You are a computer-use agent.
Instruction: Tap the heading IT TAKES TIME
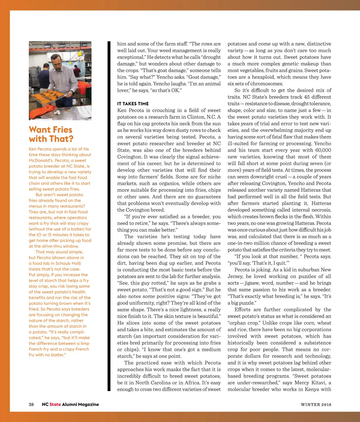pos(133,104)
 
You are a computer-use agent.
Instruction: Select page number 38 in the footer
pos(31,404)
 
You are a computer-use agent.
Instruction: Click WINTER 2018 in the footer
pos(316,405)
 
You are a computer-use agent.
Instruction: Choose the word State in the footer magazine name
pos(55,404)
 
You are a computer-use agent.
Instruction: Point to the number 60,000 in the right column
pos(323,150)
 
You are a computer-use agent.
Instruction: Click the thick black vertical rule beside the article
pos(109,216)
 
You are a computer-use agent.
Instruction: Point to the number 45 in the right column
pos(307,97)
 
